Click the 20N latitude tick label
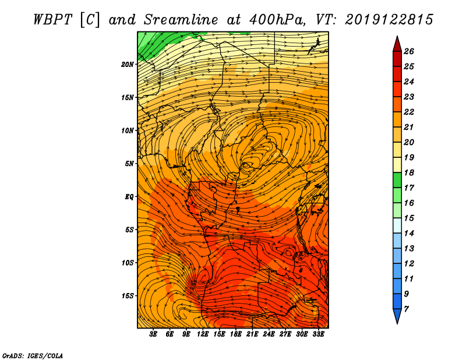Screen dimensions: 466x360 (128, 65)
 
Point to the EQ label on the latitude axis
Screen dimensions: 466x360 (129, 197)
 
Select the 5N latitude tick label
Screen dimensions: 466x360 (129, 164)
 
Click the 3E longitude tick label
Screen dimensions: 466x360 (153, 334)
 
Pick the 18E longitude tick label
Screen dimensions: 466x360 (236, 334)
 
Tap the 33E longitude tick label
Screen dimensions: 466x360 (318, 334)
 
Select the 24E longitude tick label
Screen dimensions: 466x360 (269, 334)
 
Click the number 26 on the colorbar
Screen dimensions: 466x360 (409, 51)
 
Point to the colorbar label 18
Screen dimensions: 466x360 (409, 172)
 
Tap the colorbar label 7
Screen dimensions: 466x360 (406, 309)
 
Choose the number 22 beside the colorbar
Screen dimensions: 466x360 (409, 112)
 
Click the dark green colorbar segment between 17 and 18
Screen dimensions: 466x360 (397, 180)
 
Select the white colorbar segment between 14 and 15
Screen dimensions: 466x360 (397, 225)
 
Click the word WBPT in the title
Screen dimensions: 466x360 (52, 20)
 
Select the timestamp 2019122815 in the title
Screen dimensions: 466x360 (389, 20)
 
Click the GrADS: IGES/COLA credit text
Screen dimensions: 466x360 (33, 355)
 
